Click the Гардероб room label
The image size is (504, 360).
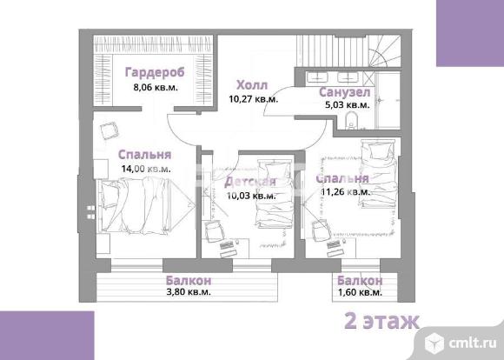(x=155, y=72)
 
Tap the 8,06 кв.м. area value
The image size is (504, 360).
(x=156, y=87)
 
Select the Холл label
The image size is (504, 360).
(x=252, y=85)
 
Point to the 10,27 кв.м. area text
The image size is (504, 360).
(x=253, y=99)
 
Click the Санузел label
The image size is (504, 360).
(x=345, y=92)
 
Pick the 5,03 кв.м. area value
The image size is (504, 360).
(x=348, y=105)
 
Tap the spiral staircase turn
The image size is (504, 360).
(x=385, y=50)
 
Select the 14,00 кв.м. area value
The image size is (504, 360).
(x=146, y=169)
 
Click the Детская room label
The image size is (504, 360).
(x=250, y=182)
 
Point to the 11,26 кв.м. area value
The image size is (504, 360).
(x=346, y=192)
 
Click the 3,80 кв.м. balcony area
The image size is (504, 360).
(x=189, y=292)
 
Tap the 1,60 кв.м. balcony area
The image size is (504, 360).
(x=360, y=292)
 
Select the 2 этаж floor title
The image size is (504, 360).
(x=381, y=320)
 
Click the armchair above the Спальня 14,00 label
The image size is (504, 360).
(x=109, y=130)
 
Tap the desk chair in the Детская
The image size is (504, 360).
(x=215, y=230)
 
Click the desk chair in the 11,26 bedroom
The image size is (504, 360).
(x=322, y=230)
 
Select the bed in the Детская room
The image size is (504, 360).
(x=275, y=194)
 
